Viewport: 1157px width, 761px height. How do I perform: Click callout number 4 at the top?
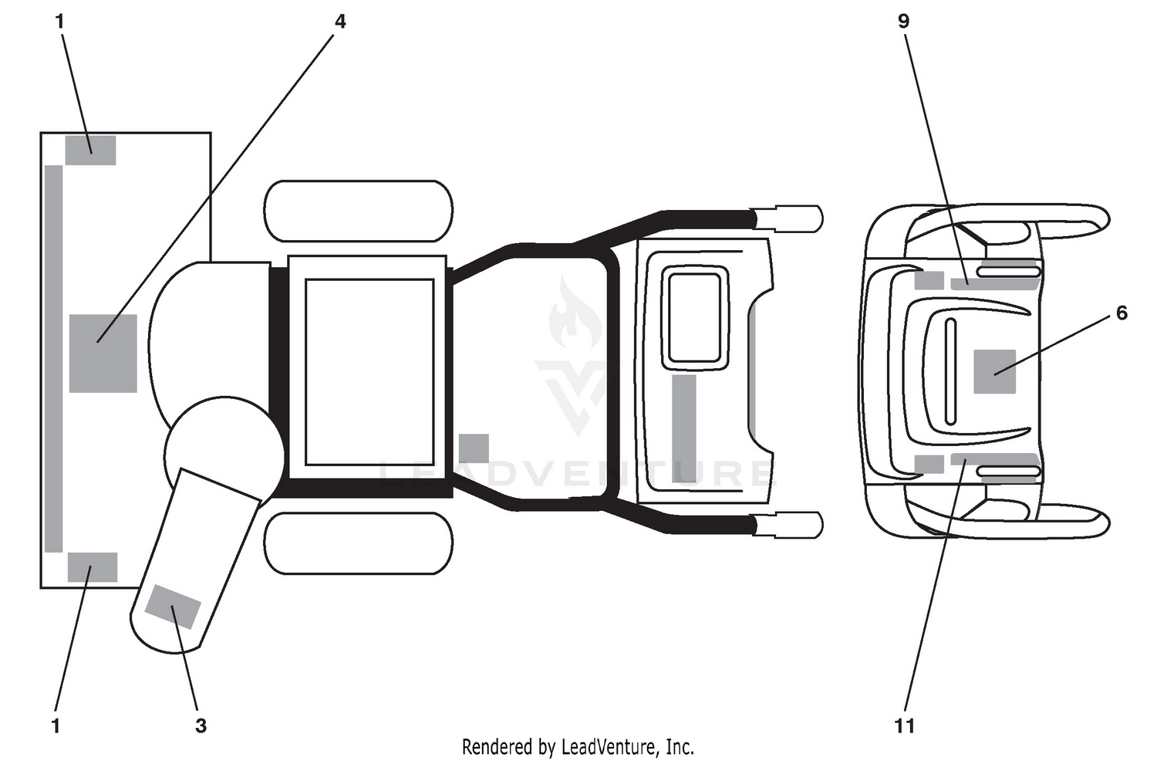coord(340,21)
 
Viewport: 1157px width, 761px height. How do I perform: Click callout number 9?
coord(903,21)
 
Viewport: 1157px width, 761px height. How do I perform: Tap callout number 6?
coord(1122,313)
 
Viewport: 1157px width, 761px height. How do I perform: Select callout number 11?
coord(905,726)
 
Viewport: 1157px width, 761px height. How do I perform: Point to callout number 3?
coord(201,726)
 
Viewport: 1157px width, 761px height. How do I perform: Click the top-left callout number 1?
coord(60,21)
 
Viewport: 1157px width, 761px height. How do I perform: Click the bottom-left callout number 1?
coord(56,726)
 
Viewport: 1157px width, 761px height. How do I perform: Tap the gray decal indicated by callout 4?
coord(103,353)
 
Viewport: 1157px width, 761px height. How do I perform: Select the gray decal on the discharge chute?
coord(173,607)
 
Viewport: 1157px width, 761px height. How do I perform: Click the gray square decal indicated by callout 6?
coord(995,371)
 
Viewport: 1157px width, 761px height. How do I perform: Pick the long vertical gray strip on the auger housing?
coord(54,359)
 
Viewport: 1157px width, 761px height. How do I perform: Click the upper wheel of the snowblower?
coord(358,211)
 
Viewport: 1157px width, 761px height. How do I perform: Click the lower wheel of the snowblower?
coord(358,543)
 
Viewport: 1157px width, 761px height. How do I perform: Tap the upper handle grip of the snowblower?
coord(787,218)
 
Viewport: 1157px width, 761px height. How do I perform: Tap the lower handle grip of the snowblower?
coord(787,525)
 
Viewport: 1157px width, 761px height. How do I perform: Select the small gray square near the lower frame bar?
coord(474,448)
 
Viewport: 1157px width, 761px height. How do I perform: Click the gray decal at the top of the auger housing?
coord(90,151)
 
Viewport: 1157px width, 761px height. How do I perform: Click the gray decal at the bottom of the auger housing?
coord(93,567)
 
